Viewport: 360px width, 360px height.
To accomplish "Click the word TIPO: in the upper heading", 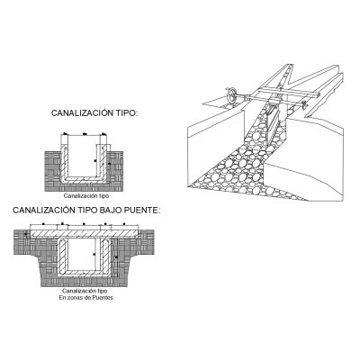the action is point(127,113).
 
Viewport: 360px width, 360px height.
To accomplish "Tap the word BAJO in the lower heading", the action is point(111,211).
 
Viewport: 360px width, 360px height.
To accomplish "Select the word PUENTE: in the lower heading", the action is point(143,211).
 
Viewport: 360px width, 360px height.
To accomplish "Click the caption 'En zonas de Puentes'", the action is point(86,298).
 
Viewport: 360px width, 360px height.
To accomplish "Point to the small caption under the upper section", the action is point(86,196).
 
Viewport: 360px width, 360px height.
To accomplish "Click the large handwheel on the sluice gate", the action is point(230,95).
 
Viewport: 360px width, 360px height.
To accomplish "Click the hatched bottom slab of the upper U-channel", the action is point(84,179).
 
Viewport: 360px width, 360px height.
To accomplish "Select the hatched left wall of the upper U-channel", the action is point(64,162).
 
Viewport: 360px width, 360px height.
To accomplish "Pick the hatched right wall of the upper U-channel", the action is point(103,162).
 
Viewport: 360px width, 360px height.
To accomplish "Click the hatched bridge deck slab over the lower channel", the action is point(85,234).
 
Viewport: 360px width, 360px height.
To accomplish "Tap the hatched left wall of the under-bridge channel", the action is point(62,256).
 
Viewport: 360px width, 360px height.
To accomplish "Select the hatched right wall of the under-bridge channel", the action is point(106,256).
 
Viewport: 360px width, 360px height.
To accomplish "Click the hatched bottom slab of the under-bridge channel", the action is point(85,273).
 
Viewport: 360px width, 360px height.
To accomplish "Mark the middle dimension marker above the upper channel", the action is point(85,134).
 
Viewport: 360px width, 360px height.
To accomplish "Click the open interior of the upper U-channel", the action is point(84,156).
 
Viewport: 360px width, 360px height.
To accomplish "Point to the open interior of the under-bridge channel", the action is point(85,255).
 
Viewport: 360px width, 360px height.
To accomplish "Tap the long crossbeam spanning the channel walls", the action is point(288,93).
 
